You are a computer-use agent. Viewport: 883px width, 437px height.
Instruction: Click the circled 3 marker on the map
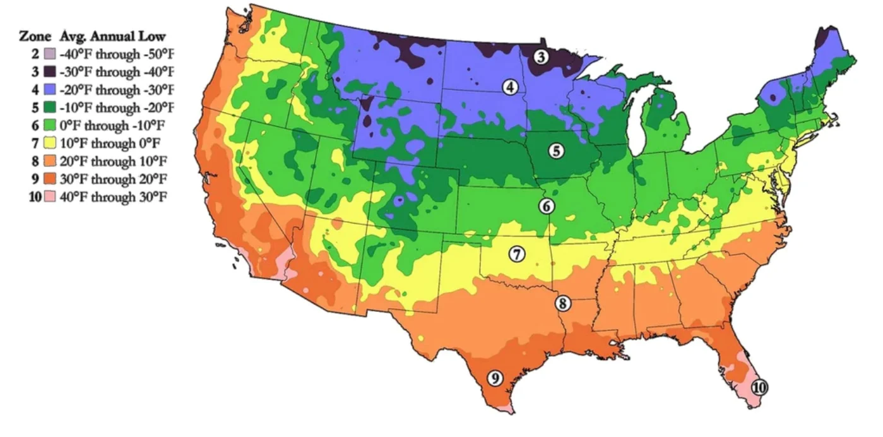(541, 57)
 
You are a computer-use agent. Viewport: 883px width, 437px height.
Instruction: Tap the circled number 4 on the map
(510, 88)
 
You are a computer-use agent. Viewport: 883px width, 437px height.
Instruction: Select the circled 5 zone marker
(556, 150)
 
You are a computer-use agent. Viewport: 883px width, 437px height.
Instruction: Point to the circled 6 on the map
(547, 206)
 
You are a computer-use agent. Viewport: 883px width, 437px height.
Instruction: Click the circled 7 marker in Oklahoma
(516, 254)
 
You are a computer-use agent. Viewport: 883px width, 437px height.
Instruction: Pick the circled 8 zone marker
(563, 303)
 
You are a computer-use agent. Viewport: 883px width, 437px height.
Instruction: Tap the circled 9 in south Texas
(495, 378)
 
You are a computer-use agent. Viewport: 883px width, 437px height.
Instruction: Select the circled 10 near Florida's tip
(760, 388)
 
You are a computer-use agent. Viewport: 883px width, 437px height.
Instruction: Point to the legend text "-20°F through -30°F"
(117, 89)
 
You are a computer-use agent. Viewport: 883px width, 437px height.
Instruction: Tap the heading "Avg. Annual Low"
(112, 35)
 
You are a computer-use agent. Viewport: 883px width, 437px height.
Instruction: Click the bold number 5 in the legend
(35, 107)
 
